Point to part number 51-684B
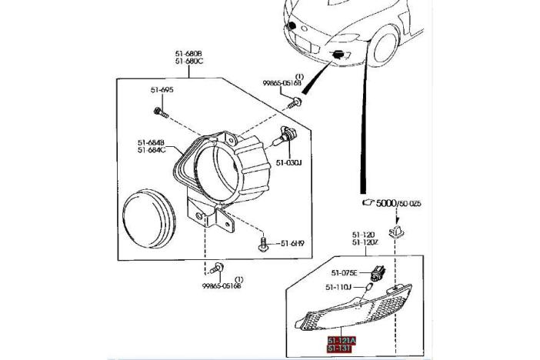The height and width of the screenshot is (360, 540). [x=152, y=142]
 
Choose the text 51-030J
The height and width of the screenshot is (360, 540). [x=288, y=162]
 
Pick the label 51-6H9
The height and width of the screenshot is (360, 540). [x=292, y=244]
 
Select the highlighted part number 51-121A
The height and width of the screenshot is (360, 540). [x=342, y=339]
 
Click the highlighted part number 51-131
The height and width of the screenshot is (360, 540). [x=338, y=348]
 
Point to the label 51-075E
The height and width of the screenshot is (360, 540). [x=345, y=272]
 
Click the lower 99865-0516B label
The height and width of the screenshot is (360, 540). [x=222, y=285]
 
